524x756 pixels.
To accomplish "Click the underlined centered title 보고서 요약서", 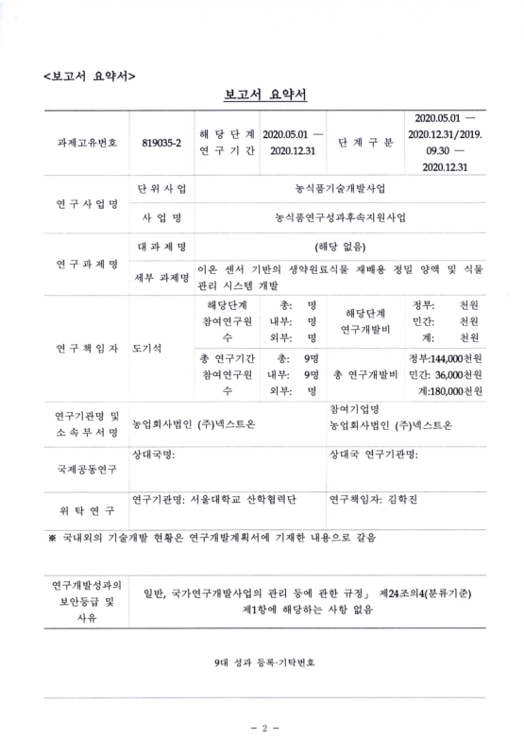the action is tap(262, 94).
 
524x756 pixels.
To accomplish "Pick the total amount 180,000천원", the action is tap(452, 391).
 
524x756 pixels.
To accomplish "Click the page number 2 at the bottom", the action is tap(262, 727).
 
